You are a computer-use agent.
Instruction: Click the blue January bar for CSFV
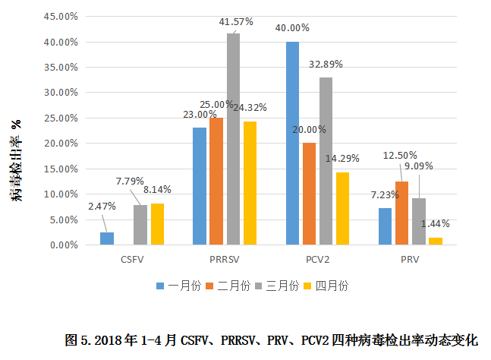coord(107,238)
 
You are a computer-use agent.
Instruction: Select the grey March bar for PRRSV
coord(233,139)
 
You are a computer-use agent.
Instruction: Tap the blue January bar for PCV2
coord(292,144)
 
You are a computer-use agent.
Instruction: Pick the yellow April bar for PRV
coord(435,242)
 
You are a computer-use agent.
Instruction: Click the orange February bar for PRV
coord(401,213)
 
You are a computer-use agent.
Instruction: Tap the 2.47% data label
coord(102,206)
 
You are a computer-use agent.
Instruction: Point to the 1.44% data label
coord(436,223)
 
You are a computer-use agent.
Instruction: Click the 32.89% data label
coord(326,65)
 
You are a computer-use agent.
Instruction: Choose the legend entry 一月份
coord(178,286)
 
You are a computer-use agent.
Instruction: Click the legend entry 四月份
coord(326,286)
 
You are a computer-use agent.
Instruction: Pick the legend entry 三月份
coord(276,286)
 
